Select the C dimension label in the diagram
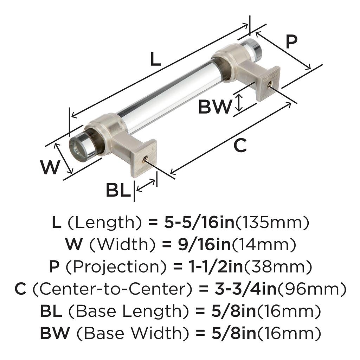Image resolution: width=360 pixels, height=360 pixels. coord(240,146)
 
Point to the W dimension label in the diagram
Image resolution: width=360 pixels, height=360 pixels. coord(50,167)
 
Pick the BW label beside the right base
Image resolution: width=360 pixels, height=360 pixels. coord(215,107)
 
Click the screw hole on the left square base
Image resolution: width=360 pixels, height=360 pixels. coord(144,160)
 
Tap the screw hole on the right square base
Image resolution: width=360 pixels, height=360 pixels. coord(269,83)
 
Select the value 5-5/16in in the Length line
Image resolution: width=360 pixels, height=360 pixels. coord(199,222)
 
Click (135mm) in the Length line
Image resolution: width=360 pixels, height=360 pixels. coord(272,222)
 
